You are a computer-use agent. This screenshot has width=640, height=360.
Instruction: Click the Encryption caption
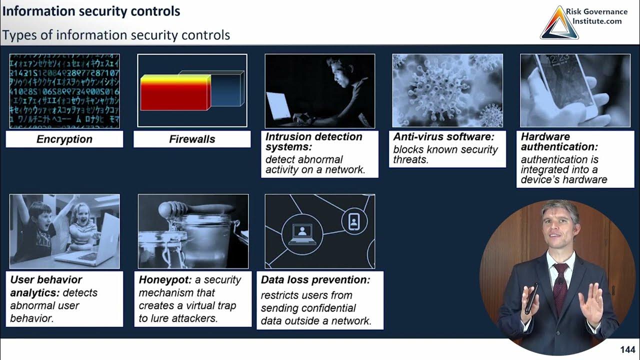pos(64,139)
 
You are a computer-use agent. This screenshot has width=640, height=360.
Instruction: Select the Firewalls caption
pos(192,139)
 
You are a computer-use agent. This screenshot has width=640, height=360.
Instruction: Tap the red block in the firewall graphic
pos(174,94)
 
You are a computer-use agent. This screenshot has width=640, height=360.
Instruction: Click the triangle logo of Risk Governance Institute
pos(559,23)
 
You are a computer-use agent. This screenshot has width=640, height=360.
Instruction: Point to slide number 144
pos(627,349)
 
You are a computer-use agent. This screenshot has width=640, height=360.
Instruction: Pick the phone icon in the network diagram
pos(354,220)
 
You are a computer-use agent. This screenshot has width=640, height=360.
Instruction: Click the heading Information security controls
pos(90,11)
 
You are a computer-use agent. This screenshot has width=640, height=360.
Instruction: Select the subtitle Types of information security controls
pos(116,35)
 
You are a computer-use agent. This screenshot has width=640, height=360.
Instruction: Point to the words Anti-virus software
pos(443,137)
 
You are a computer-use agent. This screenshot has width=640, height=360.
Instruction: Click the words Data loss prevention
pos(315,280)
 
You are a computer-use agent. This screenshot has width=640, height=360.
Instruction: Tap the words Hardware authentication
pos(559,141)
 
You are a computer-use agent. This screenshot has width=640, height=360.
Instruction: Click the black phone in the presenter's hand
pos(531,298)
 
